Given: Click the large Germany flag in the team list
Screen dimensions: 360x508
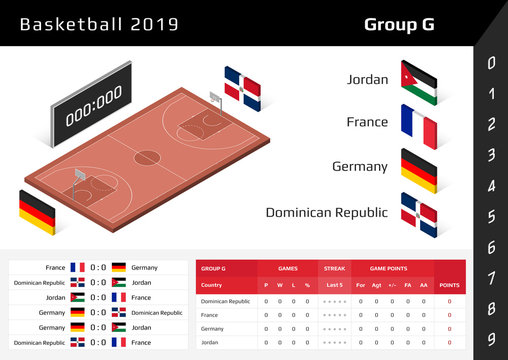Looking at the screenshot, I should coord(419,170).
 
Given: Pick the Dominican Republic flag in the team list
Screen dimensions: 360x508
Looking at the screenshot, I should coord(419,215).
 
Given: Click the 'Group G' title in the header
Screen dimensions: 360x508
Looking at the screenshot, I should coord(398,23).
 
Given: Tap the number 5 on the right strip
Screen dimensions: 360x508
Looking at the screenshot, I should coord(491,217).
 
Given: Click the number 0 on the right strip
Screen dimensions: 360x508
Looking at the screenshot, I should coord(491,64).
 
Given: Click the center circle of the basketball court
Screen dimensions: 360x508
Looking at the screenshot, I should coord(146,158).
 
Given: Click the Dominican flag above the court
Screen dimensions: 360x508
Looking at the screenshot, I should coord(242,88).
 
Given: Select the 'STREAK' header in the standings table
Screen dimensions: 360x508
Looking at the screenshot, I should coord(334,268).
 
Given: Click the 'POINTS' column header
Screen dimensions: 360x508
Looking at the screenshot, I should coord(449,285).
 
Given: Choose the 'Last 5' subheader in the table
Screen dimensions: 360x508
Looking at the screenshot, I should coord(334,285).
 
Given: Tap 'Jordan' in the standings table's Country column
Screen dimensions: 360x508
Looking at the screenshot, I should coord(210,342).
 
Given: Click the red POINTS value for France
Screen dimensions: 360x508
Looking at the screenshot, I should coord(449,314).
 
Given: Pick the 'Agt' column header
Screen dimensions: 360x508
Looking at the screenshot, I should coord(377,285).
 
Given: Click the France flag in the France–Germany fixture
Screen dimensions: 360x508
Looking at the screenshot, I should coord(78,268).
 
